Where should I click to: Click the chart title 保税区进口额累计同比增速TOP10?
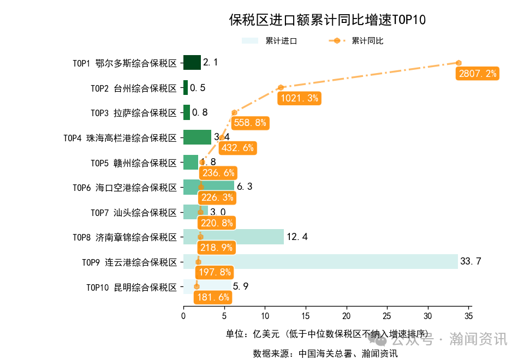(x=327, y=20)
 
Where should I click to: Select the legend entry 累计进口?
(x=281, y=41)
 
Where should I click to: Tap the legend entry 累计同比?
(x=367, y=41)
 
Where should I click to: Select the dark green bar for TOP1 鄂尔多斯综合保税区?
(x=192, y=63)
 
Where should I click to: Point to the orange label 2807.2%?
(x=478, y=74)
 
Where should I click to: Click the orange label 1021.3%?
(x=299, y=98)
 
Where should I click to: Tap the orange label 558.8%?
(x=250, y=123)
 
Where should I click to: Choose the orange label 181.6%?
(x=212, y=297)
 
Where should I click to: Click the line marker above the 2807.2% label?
(x=458, y=63)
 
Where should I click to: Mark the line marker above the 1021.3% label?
(x=281, y=87)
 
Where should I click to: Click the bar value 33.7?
(x=471, y=261)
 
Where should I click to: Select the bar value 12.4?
(x=297, y=237)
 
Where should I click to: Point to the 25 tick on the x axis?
(x=387, y=315)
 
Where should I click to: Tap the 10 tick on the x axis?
(x=265, y=315)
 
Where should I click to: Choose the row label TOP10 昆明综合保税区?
(x=132, y=287)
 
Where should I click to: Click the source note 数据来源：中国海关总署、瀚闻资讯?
(x=325, y=353)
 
